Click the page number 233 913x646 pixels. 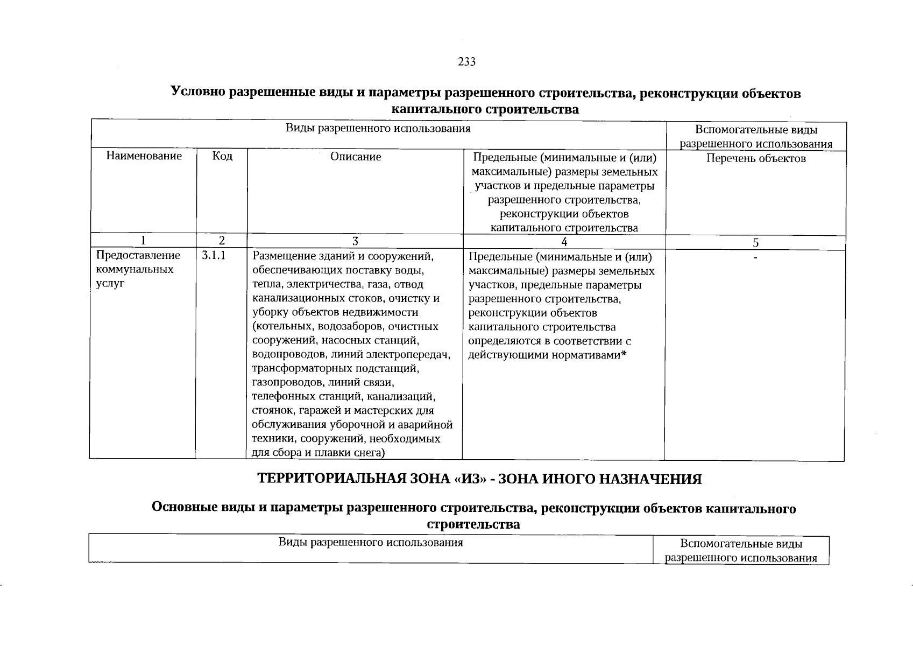coord(466,62)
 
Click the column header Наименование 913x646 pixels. coord(144,156)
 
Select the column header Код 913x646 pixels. coord(222,156)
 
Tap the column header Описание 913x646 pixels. coord(356,157)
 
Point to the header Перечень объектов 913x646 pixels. coord(756,158)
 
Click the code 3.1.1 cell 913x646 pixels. coord(214,256)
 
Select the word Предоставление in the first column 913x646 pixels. coord(138,255)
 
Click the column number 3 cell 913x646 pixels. coord(355,241)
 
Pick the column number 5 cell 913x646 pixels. coord(755,243)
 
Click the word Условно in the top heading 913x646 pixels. coord(198,93)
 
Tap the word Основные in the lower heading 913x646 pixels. coord(184,508)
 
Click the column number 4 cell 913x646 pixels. coord(564,242)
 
